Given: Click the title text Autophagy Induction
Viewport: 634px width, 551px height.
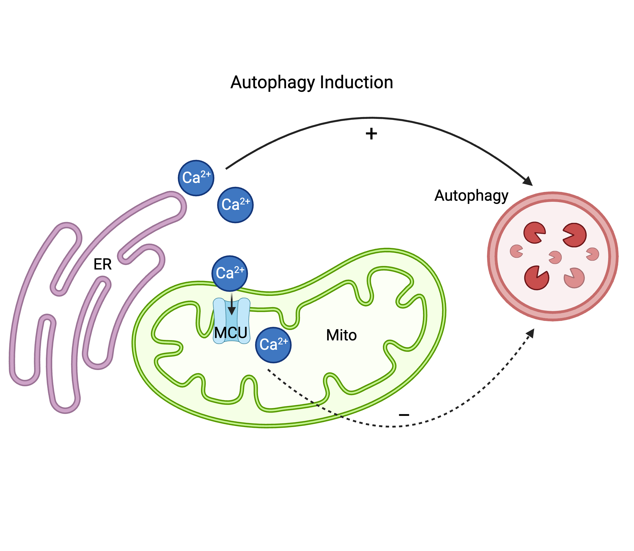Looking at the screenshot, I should point(311,82).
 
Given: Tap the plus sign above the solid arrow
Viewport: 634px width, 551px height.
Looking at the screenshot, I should point(371,134).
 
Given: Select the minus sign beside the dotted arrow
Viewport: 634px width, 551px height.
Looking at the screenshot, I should point(404,415).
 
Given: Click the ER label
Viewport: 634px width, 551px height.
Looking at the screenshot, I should point(102,264).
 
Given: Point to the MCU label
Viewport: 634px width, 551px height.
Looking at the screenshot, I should point(231,332).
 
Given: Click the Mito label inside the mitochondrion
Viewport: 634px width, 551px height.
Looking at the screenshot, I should point(341,335).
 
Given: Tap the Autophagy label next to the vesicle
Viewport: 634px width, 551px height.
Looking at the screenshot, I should point(471,196).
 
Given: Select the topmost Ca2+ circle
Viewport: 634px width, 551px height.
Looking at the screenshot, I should point(196,178).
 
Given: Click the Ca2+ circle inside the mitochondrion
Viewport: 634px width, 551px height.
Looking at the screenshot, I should point(273,345).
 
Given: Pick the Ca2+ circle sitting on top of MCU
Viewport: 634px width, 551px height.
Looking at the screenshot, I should point(229,273).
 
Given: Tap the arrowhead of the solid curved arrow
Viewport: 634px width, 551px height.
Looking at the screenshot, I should point(528,182).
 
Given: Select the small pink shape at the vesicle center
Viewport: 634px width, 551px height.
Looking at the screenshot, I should point(555,257).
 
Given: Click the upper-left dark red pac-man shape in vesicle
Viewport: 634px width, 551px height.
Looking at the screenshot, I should point(534,233).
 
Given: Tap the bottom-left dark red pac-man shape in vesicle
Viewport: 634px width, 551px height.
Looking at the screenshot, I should point(536,278).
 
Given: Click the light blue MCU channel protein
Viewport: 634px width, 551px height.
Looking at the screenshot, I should point(231,320).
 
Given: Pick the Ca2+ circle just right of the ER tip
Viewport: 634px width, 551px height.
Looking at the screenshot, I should point(235,205).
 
